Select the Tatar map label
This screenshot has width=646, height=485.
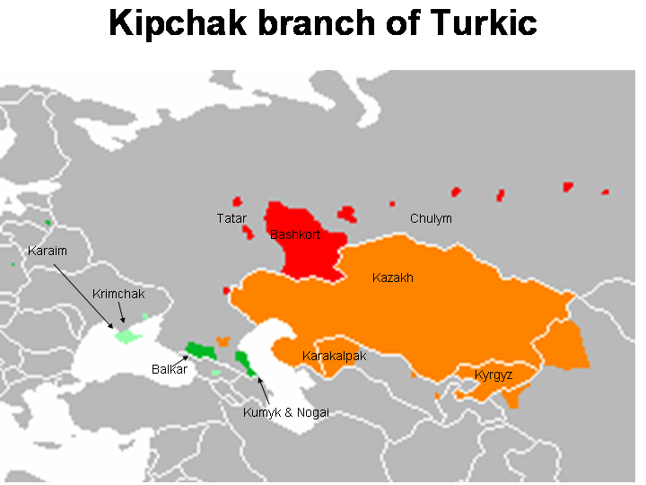point(231,218)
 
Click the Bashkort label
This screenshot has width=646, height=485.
point(295,235)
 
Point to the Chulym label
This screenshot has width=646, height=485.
point(431,218)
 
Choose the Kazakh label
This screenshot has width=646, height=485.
point(393,278)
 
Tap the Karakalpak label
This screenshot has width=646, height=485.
point(334,356)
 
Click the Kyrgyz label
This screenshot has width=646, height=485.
point(493,375)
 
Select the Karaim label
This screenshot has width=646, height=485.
point(48,251)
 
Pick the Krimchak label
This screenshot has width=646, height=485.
point(118,294)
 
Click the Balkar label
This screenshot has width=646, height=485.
point(169,369)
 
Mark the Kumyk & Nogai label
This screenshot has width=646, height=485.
point(286,412)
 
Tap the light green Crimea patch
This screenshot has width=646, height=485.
point(127,336)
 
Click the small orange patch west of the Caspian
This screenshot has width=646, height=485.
point(223,341)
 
